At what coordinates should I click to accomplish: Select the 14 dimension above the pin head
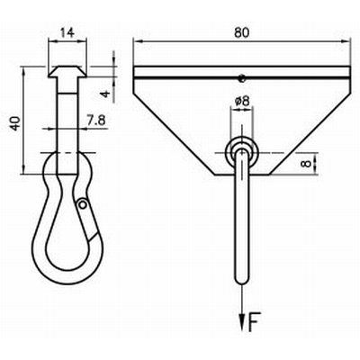pos(66,32)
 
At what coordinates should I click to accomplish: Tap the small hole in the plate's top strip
pos(241,76)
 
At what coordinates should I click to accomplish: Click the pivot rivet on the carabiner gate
pos(83,204)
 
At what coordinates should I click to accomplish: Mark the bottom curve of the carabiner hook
pos(66,275)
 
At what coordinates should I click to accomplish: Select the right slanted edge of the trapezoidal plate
pos(310,126)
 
